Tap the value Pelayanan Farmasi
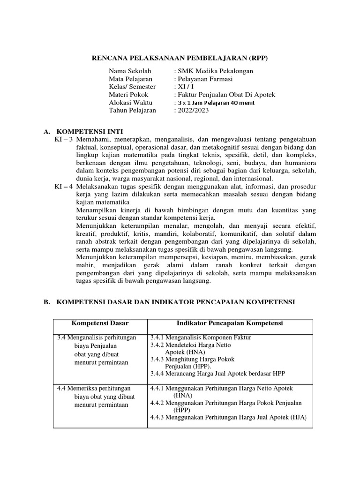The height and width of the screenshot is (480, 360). (x=203, y=79)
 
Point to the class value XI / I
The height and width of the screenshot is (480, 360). (x=185, y=87)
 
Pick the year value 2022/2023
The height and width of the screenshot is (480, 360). (x=192, y=111)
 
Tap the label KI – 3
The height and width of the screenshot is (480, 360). (x=64, y=139)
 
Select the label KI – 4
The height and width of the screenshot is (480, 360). (x=64, y=187)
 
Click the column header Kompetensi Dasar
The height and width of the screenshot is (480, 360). (x=100, y=323)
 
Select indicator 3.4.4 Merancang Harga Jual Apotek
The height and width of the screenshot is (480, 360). (x=217, y=374)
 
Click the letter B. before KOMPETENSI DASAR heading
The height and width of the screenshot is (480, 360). (x=47, y=302)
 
